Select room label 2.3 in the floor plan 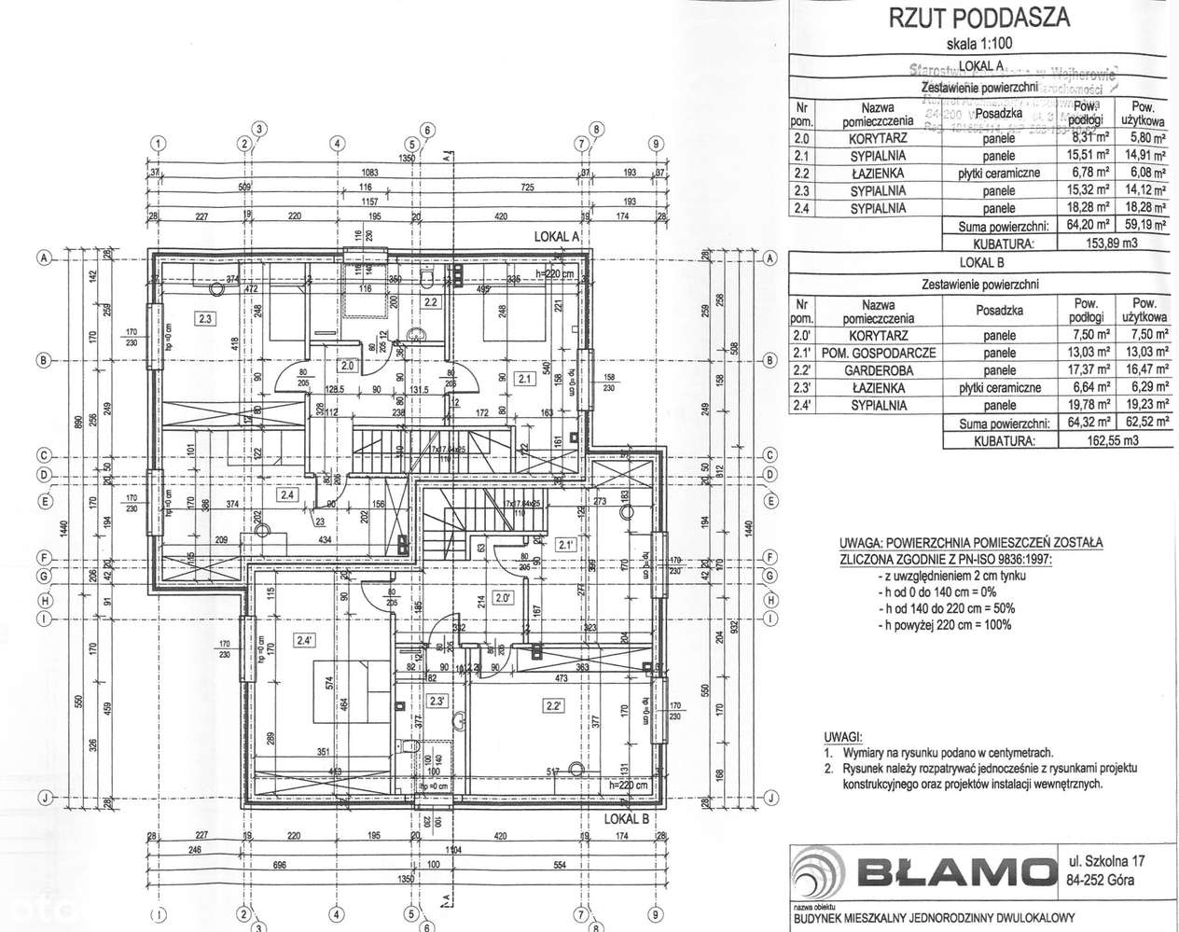[205, 318]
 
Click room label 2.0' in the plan [504, 598]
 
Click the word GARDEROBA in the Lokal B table [879, 370]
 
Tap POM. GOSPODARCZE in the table [879, 353]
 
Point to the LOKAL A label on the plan [557, 237]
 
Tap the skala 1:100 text [977, 42]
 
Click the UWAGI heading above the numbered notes [843, 736]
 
